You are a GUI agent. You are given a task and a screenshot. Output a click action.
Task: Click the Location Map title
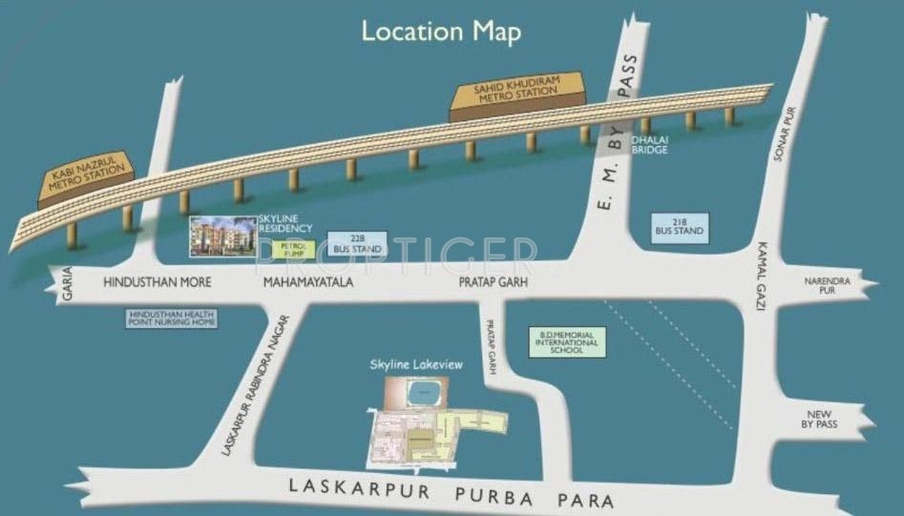[441, 31]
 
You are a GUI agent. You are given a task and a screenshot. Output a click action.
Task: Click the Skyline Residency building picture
[223, 235]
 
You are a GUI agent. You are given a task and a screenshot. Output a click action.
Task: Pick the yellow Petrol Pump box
[292, 250]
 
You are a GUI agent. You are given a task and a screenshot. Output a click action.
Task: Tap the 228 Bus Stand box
[357, 243]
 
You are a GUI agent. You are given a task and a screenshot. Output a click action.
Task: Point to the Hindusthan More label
[157, 283]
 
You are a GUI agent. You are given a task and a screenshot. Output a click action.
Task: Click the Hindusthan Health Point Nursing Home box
[173, 319]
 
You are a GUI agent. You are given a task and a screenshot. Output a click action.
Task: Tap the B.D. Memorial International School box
[567, 342]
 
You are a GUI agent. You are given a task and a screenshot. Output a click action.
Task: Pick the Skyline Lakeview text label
[410, 364]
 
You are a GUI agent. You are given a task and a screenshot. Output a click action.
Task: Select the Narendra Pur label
[820, 285]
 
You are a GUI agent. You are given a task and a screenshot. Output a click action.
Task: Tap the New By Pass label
[821, 419]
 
